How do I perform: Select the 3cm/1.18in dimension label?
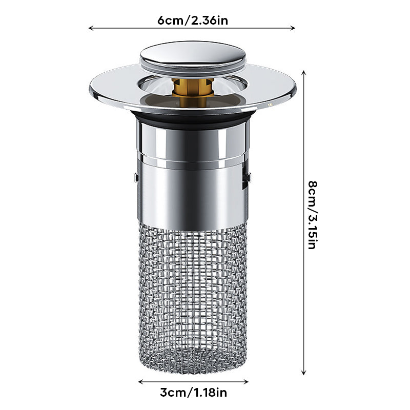[x=193, y=393]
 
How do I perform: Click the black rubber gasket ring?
[x=193, y=119]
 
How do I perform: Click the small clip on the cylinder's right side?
[x=249, y=178]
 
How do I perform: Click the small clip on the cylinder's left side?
[x=136, y=178]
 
